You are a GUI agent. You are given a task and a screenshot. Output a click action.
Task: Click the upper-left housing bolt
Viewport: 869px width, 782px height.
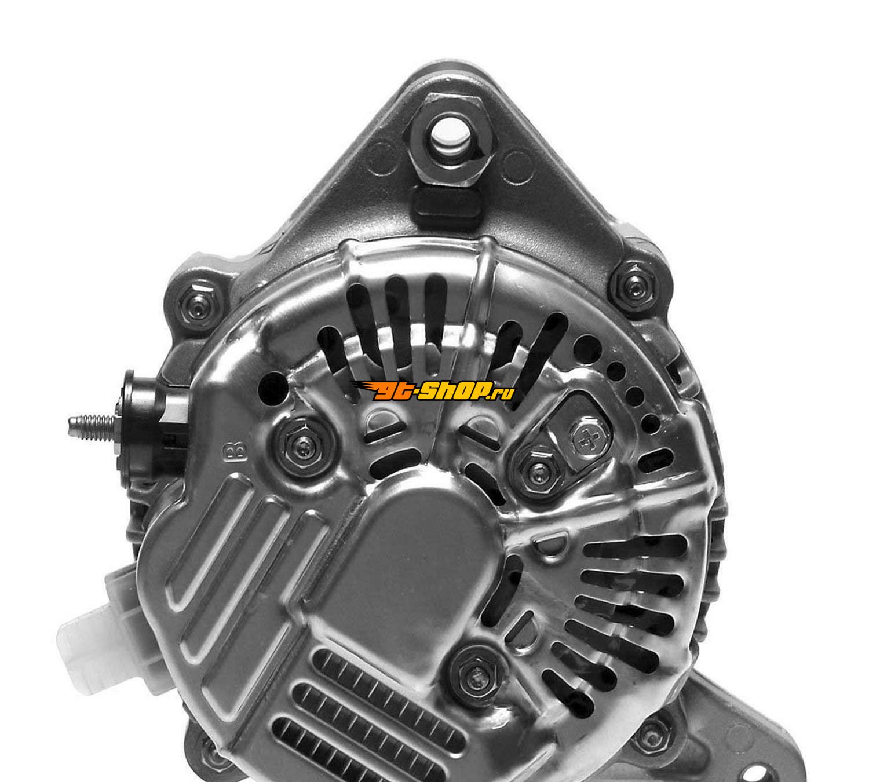click(198, 308)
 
